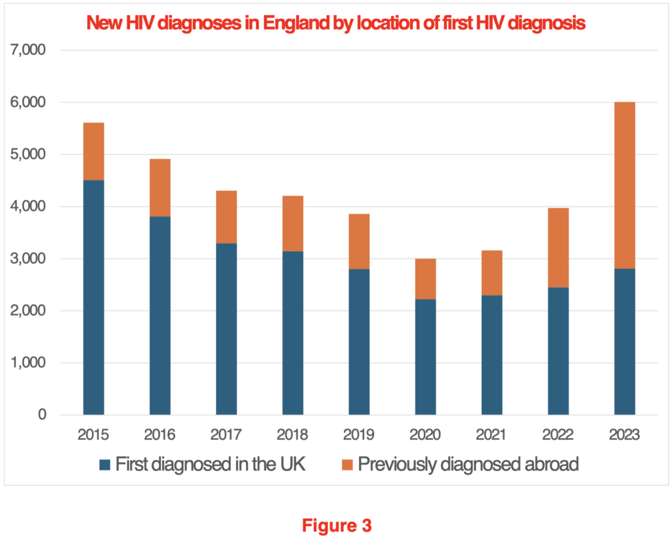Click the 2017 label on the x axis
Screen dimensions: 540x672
(226, 435)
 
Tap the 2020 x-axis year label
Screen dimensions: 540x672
(425, 435)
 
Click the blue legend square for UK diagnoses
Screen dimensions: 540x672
(104, 465)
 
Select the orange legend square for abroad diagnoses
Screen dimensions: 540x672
(347, 465)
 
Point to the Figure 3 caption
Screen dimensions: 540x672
(337, 525)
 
